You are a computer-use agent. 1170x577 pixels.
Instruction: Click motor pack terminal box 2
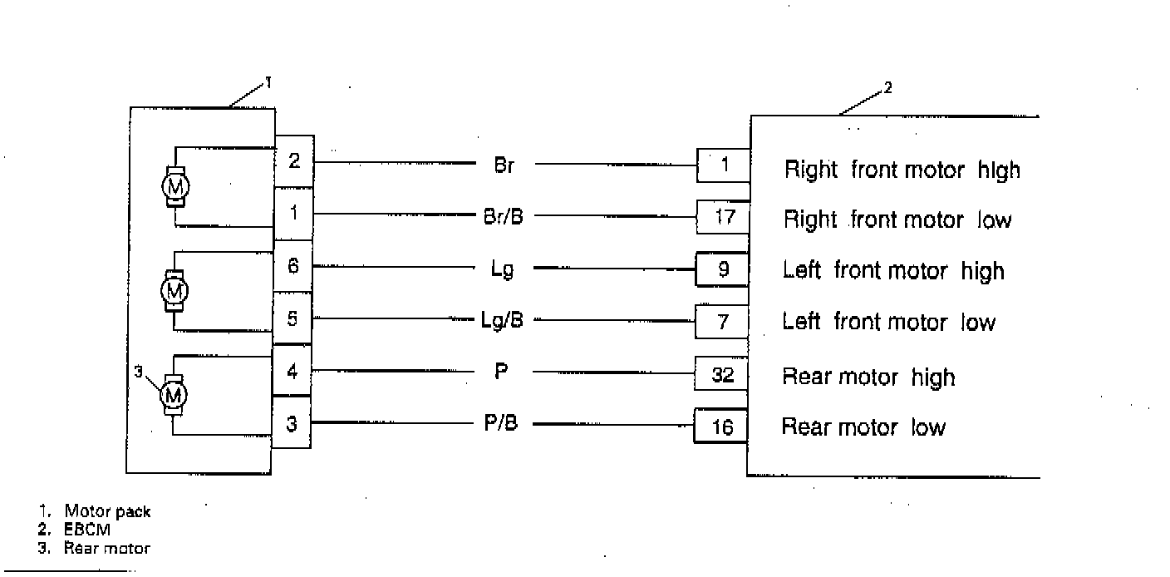click(x=294, y=160)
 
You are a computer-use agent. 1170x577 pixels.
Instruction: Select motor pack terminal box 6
click(x=294, y=266)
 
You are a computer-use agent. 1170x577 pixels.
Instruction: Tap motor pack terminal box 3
click(x=292, y=424)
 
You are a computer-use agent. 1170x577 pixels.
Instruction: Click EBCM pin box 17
click(x=724, y=218)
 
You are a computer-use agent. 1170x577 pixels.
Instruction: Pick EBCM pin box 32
click(x=723, y=375)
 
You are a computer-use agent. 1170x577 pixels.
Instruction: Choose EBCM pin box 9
click(x=723, y=270)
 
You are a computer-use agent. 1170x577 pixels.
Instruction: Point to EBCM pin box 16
click(x=722, y=427)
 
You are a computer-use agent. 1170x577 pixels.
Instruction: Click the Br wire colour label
click(x=504, y=165)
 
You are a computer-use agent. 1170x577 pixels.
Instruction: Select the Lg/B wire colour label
click(x=502, y=320)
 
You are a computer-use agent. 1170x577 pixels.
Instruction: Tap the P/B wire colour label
click(x=501, y=424)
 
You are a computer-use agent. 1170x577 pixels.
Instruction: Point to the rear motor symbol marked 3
click(x=175, y=394)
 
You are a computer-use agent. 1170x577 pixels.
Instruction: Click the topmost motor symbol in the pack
click(x=175, y=187)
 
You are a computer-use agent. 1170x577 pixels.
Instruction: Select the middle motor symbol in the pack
click(x=175, y=290)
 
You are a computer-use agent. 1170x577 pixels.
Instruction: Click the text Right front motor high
click(x=902, y=170)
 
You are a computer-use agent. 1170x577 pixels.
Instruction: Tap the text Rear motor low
click(x=863, y=427)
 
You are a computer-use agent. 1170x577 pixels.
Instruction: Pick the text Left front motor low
click(x=888, y=323)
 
